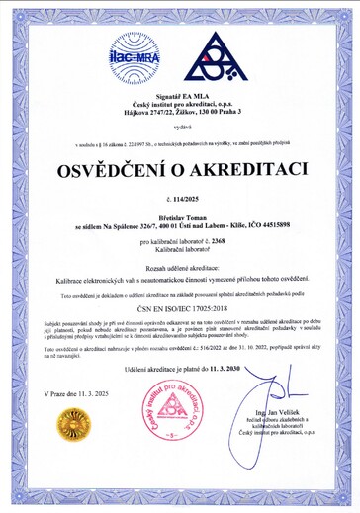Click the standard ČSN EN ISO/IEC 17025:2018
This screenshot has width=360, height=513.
pyautogui.click(x=179, y=307)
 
